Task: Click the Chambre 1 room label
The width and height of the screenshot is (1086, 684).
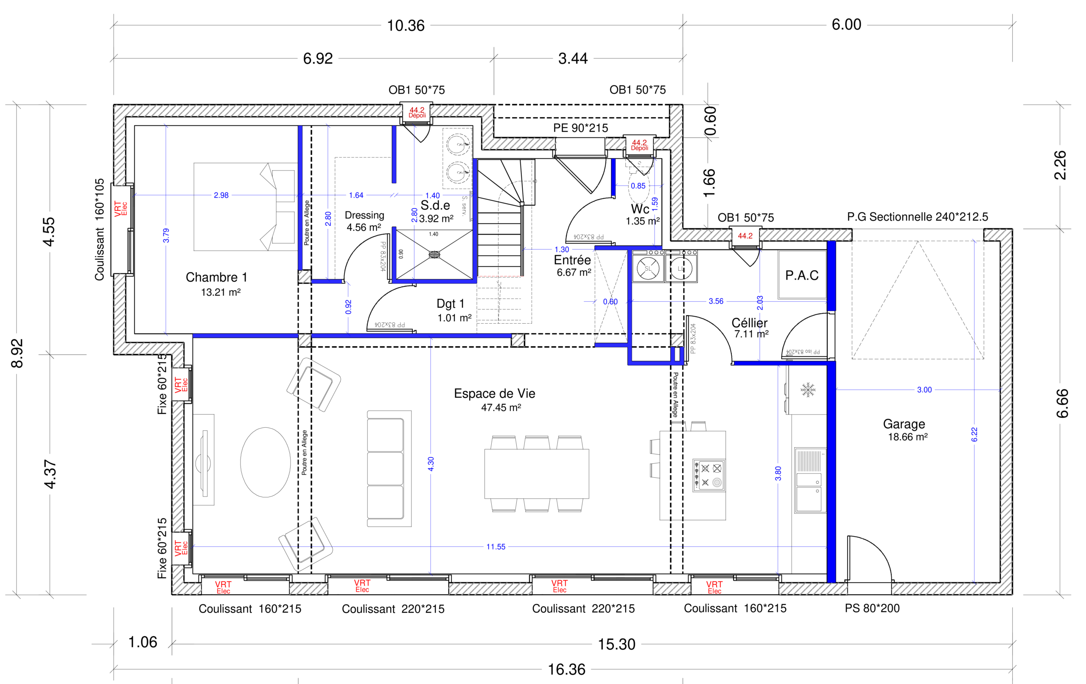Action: (216, 277)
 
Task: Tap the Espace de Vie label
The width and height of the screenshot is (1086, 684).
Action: (494, 393)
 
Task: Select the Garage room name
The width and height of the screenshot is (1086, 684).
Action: (904, 424)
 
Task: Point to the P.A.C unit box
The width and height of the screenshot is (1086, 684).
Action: (802, 275)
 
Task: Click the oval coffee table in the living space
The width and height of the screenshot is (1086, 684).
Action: (265, 462)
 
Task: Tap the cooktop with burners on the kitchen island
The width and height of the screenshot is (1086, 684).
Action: (708, 475)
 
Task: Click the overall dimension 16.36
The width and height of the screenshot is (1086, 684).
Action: (566, 669)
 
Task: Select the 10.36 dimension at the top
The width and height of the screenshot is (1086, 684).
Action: (406, 26)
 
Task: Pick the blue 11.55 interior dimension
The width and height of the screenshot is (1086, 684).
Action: (495, 547)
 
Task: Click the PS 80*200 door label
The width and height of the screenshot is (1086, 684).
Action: (872, 608)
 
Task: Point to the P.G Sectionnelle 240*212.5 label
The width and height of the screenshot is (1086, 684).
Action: (917, 217)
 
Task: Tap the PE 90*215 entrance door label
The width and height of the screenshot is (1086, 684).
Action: (580, 128)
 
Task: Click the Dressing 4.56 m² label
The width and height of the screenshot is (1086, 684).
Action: (364, 221)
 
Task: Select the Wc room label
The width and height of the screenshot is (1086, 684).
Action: (640, 209)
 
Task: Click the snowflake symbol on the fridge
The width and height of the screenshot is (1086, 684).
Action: (808, 390)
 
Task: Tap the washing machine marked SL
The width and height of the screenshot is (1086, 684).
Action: (648, 269)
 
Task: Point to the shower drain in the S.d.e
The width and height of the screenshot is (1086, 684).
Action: (434, 255)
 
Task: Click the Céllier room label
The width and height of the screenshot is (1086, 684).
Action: (749, 323)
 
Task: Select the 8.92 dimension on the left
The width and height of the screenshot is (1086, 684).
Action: (17, 353)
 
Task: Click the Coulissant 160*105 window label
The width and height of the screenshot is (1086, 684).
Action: (99, 230)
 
